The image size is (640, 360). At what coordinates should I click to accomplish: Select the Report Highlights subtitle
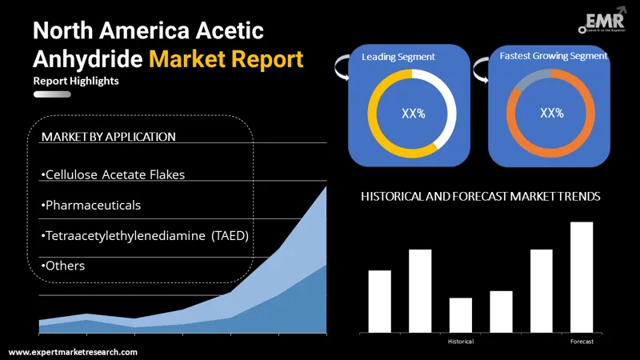coord(77,82)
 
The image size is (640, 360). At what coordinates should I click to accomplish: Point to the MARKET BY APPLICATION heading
coord(108,137)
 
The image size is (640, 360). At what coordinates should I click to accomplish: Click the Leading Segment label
coord(398,57)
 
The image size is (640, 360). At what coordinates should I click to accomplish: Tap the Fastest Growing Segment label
coord(553,56)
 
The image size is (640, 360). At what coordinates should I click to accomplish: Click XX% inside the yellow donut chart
coord(413,113)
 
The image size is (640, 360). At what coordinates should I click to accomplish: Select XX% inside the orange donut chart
coord(552,113)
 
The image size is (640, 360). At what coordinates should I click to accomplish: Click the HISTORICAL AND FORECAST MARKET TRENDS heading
coord(481,196)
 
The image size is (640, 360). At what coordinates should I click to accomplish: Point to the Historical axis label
coord(460,342)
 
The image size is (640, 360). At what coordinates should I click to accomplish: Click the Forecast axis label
coord(582,342)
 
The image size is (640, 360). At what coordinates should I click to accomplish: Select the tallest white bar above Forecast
coord(582,277)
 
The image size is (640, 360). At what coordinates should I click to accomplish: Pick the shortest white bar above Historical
coord(461,314)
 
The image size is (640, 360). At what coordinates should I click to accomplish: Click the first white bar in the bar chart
coord(380,301)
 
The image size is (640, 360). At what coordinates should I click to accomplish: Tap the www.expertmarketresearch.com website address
coord(73,352)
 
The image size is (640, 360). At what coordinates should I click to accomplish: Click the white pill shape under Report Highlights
coord(52,94)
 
